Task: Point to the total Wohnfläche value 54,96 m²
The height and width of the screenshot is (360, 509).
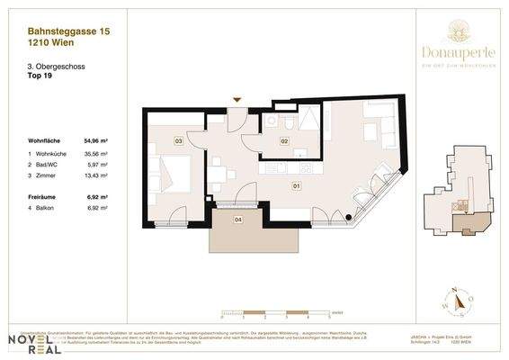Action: pyautogui.click(x=96, y=141)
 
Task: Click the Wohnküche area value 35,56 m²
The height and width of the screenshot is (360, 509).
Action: pyautogui.click(x=96, y=155)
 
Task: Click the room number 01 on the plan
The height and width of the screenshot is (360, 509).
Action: pyautogui.click(x=296, y=186)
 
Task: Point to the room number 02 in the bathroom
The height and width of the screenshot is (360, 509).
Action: pyautogui.click(x=283, y=141)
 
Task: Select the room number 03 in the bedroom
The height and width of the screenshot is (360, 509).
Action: pyautogui.click(x=179, y=141)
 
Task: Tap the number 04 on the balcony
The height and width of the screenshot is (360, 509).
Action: pyautogui.click(x=237, y=220)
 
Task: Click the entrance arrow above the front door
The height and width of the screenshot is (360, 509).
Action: pyautogui.click(x=237, y=101)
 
